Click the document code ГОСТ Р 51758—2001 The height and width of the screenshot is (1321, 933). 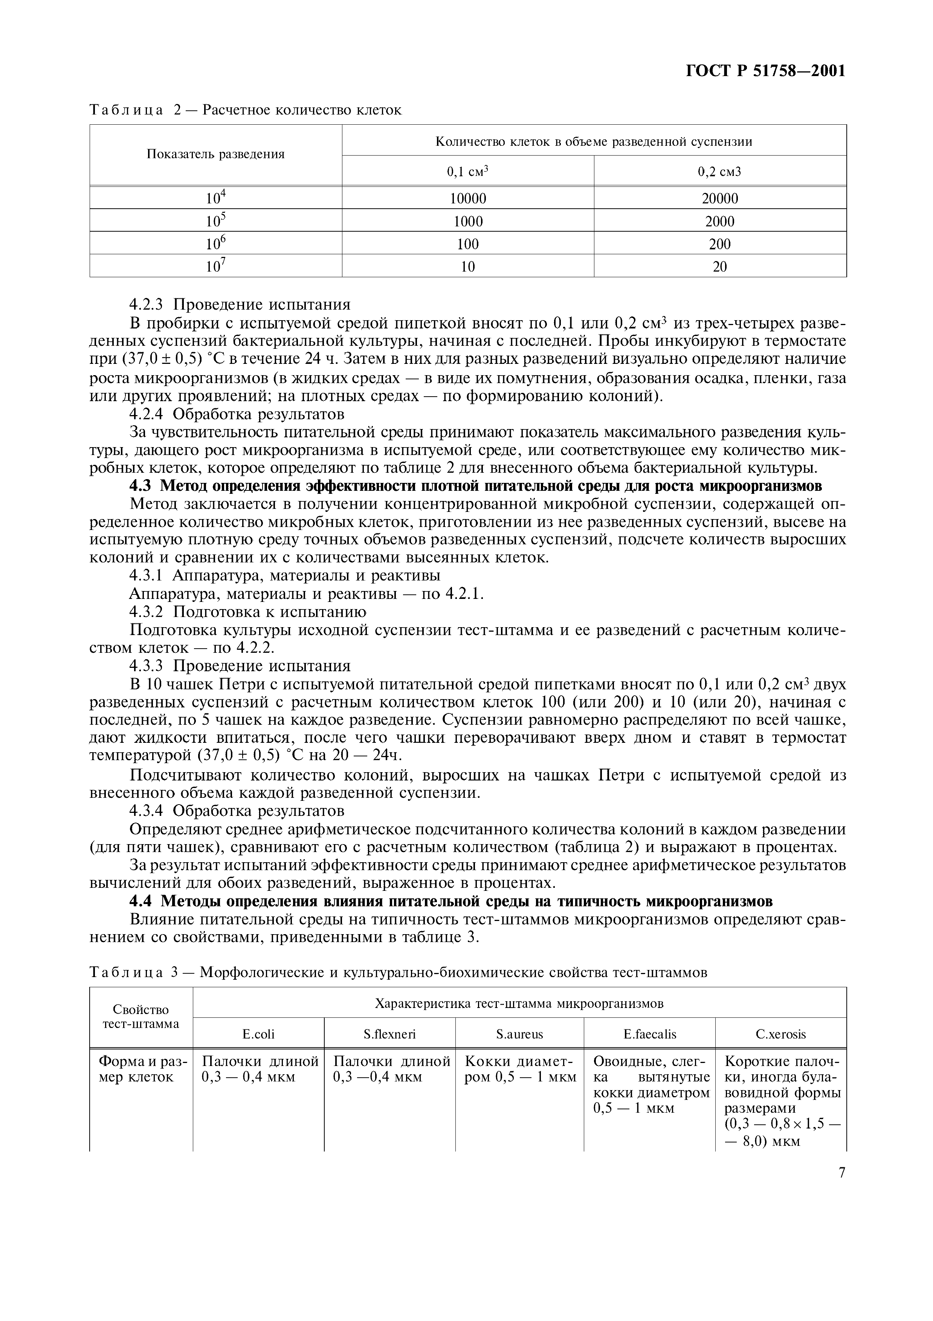[766, 71]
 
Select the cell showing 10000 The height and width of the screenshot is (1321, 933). [468, 199]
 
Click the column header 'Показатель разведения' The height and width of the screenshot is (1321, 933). [216, 154]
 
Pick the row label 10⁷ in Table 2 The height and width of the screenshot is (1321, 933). [216, 266]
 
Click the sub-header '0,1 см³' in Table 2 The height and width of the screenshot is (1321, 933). [468, 171]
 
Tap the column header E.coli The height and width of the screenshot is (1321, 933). [258, 1034]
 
